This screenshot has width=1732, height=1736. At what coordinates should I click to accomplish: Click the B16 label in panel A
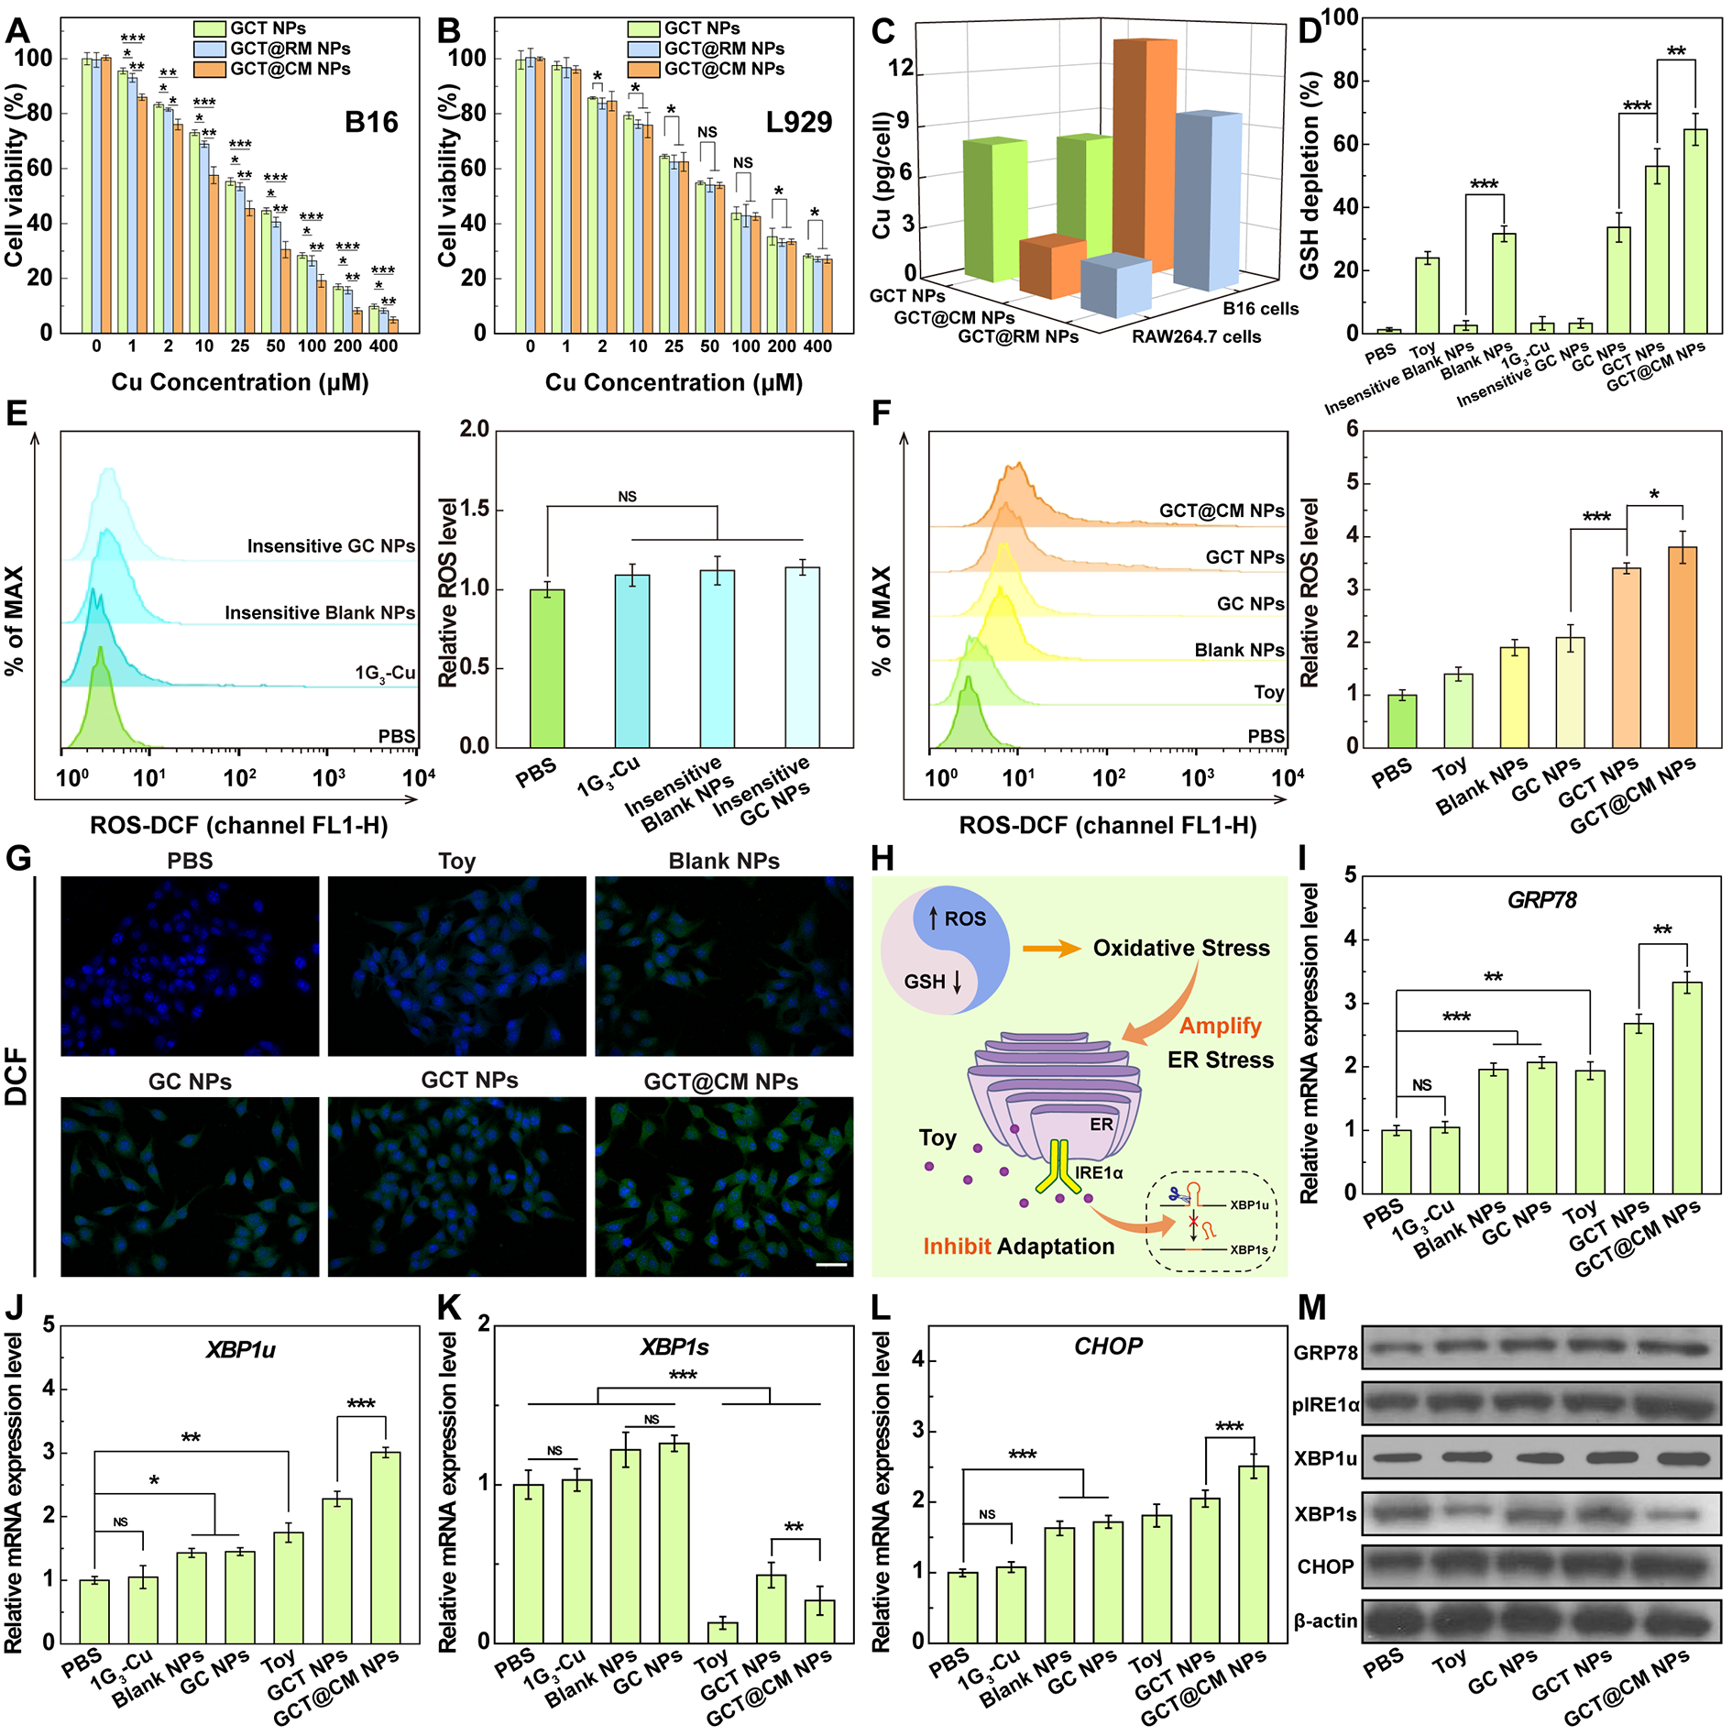click(371, 122)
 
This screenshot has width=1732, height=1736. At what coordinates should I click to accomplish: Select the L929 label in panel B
click(799, 122)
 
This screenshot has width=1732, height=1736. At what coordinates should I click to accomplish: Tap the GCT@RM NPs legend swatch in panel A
click(210, 49)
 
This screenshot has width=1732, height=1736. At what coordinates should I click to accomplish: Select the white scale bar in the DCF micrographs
click(831, 1265)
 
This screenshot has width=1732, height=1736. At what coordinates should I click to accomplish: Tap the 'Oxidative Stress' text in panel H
click(1181, 948)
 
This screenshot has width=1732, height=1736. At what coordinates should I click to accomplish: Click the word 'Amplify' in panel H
click(1220, 1026)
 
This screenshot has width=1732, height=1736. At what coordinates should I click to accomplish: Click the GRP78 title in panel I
click(1541, 900)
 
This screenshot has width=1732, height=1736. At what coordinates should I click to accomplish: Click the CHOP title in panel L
click(1108, 1346)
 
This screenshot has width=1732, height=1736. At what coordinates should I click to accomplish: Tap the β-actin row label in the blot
click(1325, 1621)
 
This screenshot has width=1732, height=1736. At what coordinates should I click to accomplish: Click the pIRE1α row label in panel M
click(1325, 1404)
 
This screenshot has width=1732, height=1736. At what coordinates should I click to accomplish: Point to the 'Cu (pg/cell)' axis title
click(882, 174)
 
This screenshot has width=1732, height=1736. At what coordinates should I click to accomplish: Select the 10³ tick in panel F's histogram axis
click(1198, 778)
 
